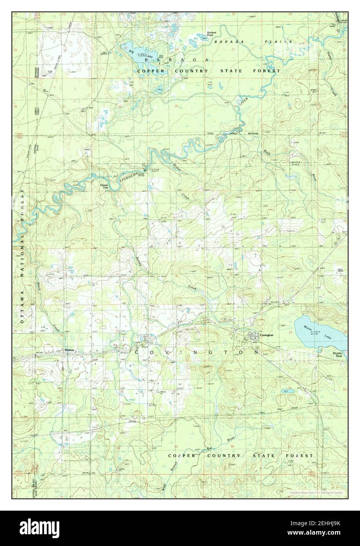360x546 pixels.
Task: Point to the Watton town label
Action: pos(70,350)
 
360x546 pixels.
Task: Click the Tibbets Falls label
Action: pos(104,187)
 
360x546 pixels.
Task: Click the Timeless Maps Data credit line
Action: pos(312,492)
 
